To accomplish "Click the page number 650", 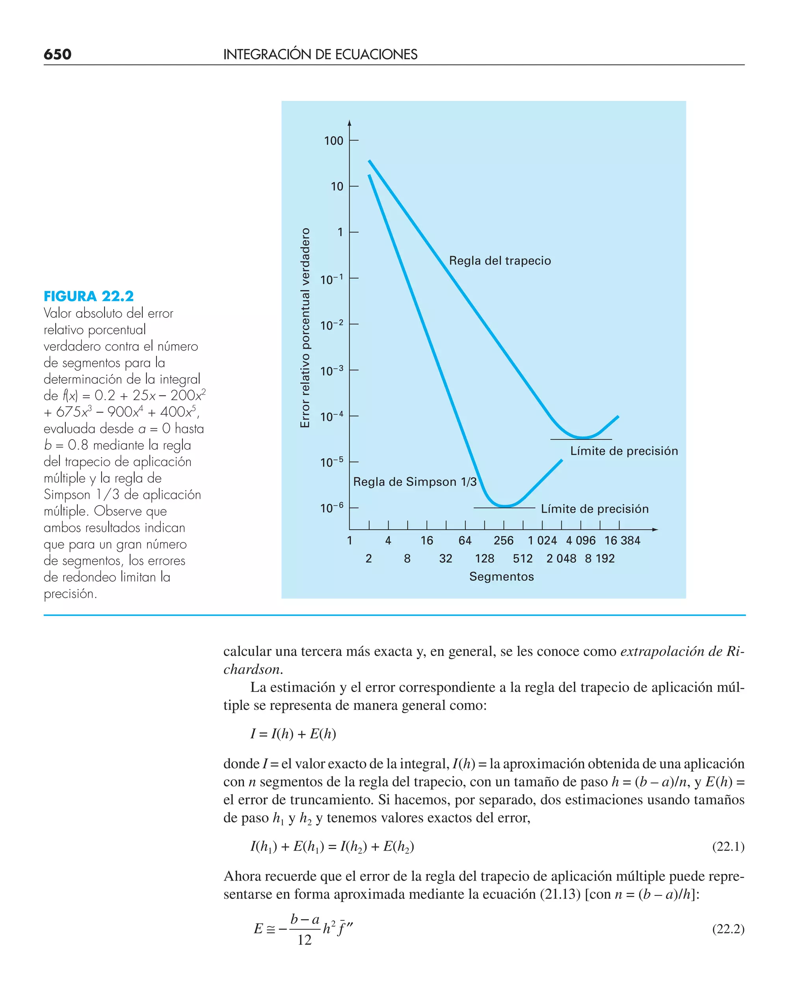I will [57, 54].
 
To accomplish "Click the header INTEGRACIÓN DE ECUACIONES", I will [320, 54].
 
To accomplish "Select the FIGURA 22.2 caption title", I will [88, 296].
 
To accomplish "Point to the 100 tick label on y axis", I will [333, 141].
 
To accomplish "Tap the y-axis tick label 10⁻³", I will [331, 371].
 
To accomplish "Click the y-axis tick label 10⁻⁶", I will [331, 507].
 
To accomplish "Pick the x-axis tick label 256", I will [504, 541].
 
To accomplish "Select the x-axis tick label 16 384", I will [622, 541].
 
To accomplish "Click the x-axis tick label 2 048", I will [561, 559].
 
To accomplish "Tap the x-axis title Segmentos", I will [502, 577].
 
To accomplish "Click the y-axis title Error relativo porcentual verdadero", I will [305, 328].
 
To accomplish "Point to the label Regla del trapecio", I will [500, 261].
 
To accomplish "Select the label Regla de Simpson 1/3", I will [415, 482].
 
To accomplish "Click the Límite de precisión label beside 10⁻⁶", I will [595, 509].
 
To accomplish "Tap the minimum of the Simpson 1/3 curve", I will [505, 506].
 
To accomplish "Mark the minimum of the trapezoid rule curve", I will [582, 437].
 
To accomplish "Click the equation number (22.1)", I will [728, 847].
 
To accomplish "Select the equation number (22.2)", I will [728, 929].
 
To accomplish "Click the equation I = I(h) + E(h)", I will [293, 733].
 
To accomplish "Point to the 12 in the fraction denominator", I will [305, 940].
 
